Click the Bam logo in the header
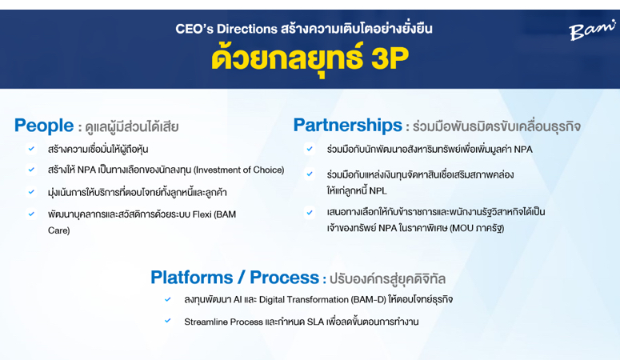592,30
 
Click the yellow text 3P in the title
390,59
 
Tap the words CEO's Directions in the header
226,29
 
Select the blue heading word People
44,126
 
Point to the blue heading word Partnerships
347,126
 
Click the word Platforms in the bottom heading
192,278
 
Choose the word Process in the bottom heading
284,278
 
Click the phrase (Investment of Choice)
239,170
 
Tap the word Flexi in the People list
202,214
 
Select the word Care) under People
59,230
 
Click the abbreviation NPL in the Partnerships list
378,190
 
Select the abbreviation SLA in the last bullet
315,322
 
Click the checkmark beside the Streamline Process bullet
168,321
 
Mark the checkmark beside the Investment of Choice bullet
31,170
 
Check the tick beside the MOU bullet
310,213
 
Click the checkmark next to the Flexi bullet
31,214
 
